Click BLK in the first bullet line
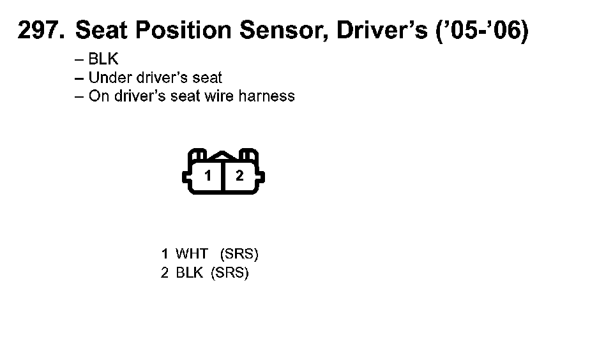point(103,60)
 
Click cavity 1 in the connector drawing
point(208,176)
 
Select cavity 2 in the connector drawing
point(239,176)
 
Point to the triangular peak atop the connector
point(223,156)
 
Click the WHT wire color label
point(192,254)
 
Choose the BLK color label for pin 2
point(189,273)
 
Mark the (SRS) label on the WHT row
point(239,254)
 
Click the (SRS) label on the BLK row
point(229,273)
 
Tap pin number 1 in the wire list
point(165,254)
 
